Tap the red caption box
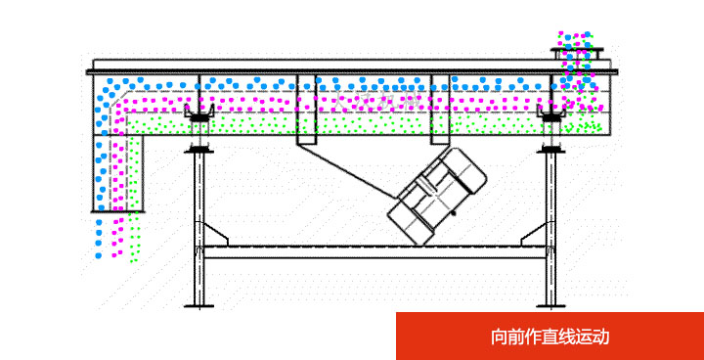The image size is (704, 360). [x=550, y=337]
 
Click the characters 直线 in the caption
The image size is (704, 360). [x=559, y=337]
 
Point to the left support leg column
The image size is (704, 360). [x=198, y=225]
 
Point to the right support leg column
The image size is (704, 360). [x=550, y=225]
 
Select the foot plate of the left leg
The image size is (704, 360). [x=198, y=306]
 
